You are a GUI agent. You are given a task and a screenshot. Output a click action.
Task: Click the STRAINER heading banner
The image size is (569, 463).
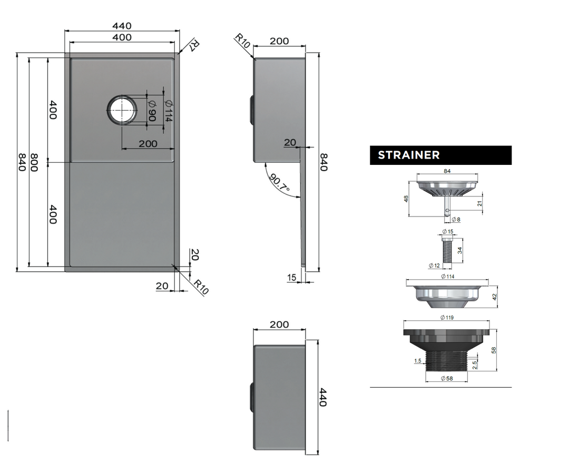click(440, 155)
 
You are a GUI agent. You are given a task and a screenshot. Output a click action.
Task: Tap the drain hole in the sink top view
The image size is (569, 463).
click(122, 110)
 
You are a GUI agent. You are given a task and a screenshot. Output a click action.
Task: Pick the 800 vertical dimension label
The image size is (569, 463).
click(34, 162)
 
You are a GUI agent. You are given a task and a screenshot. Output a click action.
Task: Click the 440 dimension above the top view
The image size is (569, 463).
click(122, 26)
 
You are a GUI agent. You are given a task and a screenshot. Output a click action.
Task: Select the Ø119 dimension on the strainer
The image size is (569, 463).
click(447, 318)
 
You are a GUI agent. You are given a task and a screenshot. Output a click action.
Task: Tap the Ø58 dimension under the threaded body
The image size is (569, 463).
click(447, 378)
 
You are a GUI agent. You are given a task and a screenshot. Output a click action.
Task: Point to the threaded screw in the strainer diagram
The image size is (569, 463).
click(447, 249)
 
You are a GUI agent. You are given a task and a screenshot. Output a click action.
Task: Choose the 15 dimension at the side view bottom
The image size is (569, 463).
click(292, 278)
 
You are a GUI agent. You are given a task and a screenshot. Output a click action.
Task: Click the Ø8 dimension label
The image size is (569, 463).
click(456, 220)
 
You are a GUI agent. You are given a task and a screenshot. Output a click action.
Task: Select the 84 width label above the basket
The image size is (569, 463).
click(447, 171)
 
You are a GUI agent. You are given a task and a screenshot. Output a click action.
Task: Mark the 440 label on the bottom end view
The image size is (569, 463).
click(323, 397)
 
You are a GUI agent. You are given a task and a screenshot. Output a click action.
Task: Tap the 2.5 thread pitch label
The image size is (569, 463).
click(475, 365)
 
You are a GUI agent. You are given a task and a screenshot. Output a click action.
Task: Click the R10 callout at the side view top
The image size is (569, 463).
click(242, 41)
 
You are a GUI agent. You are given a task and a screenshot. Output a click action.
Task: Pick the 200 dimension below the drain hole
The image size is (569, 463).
click(148, 144)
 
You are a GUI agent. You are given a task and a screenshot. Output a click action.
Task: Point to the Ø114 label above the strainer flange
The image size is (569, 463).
click(447, 277)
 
